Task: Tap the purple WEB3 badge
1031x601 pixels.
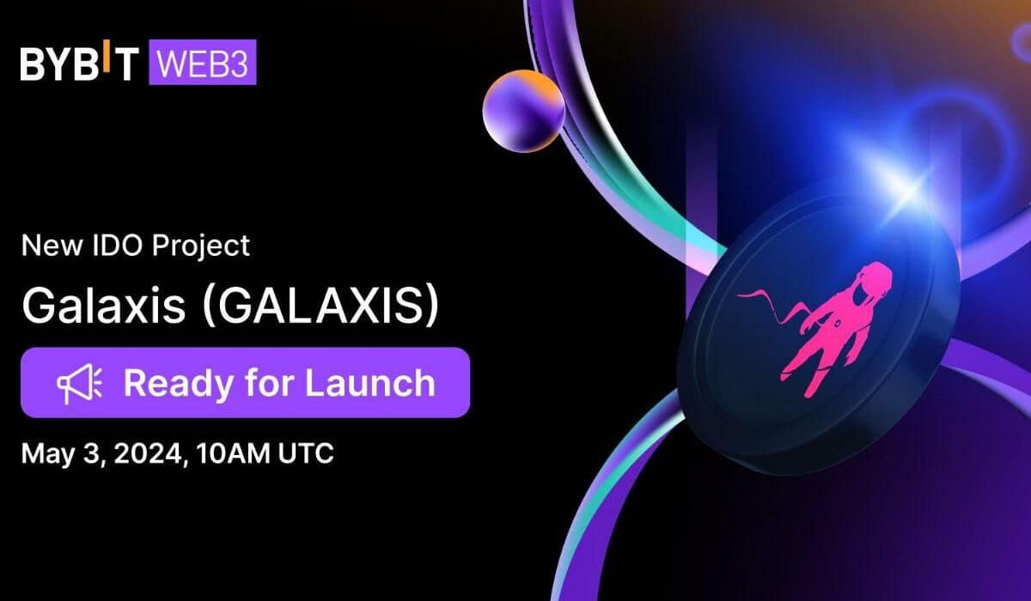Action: click(203, 62)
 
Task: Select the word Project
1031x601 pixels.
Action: click(201, 246)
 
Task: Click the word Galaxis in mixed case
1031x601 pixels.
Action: click(104, 305)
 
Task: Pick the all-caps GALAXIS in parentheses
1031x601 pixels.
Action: click(320, 306)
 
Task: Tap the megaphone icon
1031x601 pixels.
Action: click(80, 384)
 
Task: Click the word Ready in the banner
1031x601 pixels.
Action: click(179, 384)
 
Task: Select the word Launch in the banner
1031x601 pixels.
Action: click(370, 383)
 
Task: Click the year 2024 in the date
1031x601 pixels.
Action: click(148, 453)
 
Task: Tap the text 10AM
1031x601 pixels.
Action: click(233, 453)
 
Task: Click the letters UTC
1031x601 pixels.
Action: click(306, 453)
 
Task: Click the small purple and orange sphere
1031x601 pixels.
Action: click(524, 111)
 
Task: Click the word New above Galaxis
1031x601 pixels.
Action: click(52, 246)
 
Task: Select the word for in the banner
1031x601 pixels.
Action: click(269, 383)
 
